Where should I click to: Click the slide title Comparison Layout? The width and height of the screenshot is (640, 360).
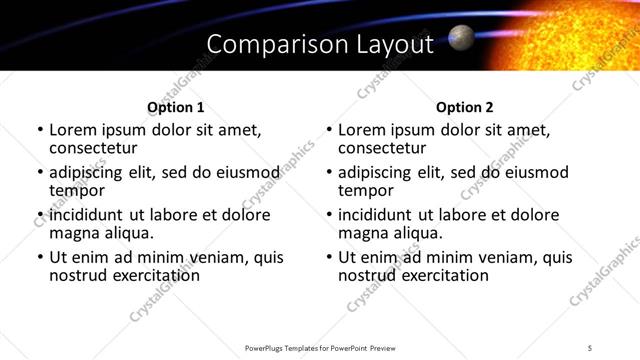pyautogui.click(x=320, y=44)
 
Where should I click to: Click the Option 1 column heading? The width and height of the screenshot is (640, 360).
pyautogui.click(x=175, y=107)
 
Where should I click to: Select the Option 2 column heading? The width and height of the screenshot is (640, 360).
pyautogui.click(x=465, y=107)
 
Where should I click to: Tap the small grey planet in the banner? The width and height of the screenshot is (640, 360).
pyautogui.click(x=461, y=38)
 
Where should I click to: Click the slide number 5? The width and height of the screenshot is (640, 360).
pyautogui.click(x=590, y=347)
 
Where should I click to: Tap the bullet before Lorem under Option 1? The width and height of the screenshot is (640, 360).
pyautogui.click(x=40, y=130)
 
